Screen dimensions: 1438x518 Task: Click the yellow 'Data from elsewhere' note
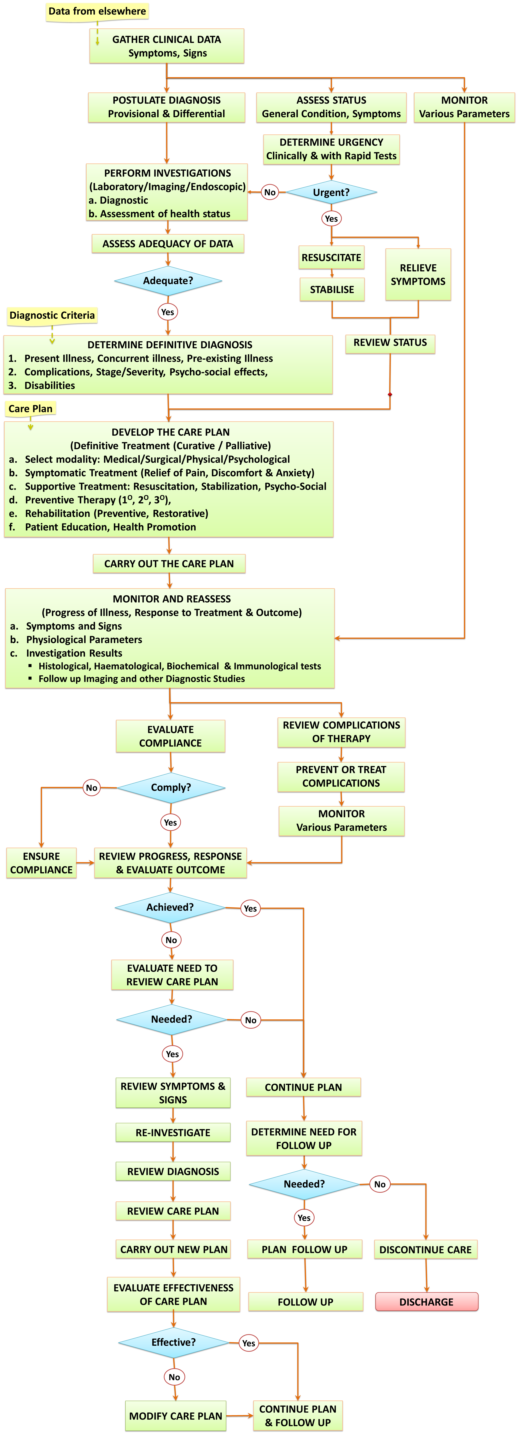click(x=97, y=11)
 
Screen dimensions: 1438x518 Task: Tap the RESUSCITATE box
click(x=332, y=257)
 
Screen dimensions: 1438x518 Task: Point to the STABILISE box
click(x=332, y=289)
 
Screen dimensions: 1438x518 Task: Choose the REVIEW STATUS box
click(x=390, y=343)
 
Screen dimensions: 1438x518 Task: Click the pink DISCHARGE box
click(x=427, y=1302)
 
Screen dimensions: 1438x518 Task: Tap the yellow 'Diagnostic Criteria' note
click(x=52, y=315)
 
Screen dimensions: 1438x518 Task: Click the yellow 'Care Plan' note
click(x=30, y=409)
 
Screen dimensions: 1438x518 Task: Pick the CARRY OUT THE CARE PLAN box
click(x=169, y=564)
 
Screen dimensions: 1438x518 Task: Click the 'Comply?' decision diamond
click(x=171, y=788)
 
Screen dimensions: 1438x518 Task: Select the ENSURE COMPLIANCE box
click(x=41, y=863)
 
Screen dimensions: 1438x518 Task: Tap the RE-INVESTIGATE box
click(x=173, y=1133)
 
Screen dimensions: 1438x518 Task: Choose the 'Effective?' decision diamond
click(x=174, y=1343)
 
